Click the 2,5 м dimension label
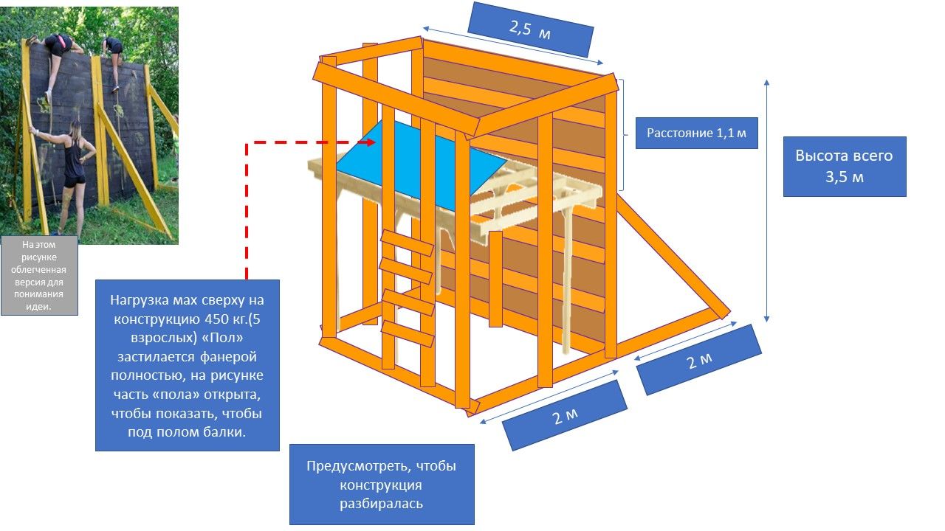pos(530,29)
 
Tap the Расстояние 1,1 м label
pos(696,133)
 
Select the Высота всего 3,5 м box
pos(844,166)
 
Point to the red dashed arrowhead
pos(369,142)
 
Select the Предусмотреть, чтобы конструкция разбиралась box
pos(381,484)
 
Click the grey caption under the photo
pos(39,275)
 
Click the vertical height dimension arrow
pos(767,199)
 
